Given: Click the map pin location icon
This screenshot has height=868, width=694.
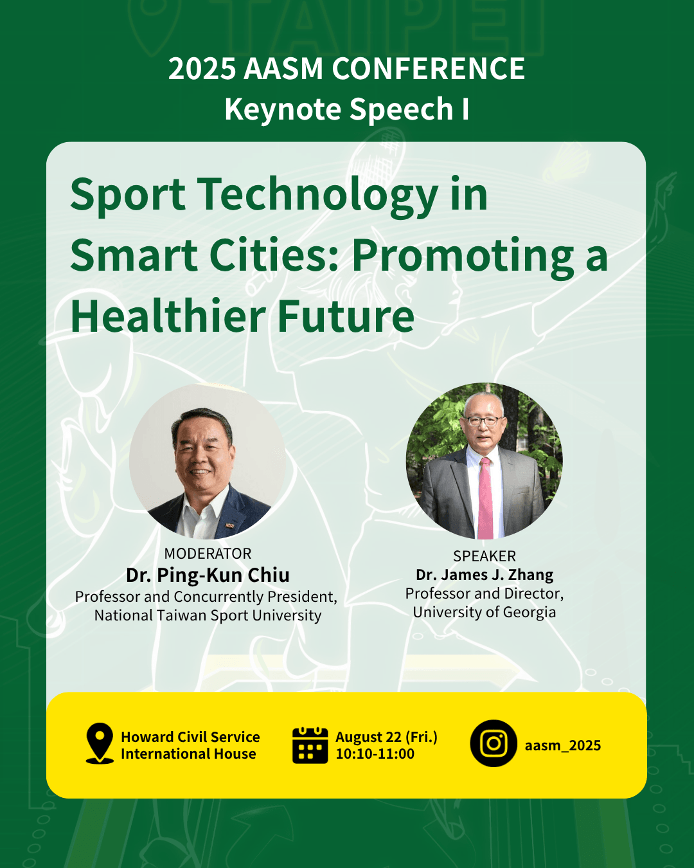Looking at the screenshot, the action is [x=100, y=743].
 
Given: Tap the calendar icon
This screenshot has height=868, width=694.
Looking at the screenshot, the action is [x=310, y=745].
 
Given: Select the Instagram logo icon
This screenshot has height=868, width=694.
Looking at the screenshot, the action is [x=493, y=743].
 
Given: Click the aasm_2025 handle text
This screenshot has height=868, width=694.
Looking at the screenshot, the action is [x=562, y=745].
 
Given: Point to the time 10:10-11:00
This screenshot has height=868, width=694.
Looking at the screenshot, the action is [x=375, y=754].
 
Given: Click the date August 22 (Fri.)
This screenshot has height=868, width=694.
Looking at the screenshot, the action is [x=386, y=737].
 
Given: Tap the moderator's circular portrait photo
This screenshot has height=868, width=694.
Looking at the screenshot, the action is [x=208, y=462].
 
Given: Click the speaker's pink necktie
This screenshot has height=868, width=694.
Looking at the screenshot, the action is [x=485, y=498].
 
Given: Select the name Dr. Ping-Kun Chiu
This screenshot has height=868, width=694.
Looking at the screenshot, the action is [x=208, y=575].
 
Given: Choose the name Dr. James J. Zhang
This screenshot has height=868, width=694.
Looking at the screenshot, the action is [x=485, y=574].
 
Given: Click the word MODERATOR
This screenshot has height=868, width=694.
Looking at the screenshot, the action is [x=208, y=554].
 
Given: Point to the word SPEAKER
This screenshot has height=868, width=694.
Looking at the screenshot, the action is [x=485, y=556].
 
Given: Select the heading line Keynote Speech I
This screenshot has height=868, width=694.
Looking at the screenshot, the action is [x=347, y=109].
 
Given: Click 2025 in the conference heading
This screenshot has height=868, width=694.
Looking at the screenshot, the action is [x=202, y=69].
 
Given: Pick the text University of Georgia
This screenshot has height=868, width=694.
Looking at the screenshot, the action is [x=485, y=612].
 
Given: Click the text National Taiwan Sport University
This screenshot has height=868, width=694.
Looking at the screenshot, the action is [x=208, y=615].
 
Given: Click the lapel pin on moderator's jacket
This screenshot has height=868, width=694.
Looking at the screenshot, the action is [x=229, y=525].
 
